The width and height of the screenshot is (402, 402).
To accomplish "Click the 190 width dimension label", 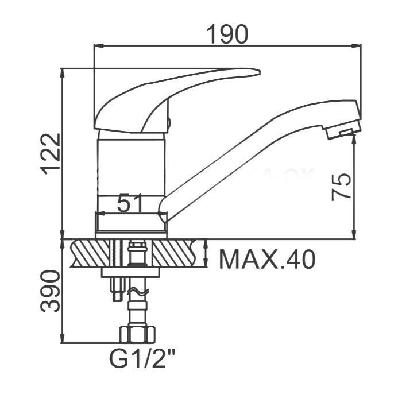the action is point(227,34).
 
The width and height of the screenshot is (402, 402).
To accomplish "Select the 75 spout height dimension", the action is point(341,187).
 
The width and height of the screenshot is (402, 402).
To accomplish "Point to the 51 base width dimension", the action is point(130,203).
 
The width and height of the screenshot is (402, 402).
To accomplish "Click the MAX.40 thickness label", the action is point(267,259).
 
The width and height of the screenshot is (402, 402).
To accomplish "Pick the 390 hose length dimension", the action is point(51,291).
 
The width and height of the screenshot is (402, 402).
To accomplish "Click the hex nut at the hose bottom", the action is point(138,334).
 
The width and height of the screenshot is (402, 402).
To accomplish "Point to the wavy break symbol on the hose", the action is point(138,292).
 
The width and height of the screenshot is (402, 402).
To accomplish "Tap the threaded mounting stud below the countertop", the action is point(117,289).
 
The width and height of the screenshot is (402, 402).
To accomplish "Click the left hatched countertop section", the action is point(90,253).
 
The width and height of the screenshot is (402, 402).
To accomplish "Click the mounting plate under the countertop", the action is point(131,272).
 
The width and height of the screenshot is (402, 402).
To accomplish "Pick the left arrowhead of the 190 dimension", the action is point(99,46).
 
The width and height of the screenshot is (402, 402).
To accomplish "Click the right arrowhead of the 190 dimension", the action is point(356,46).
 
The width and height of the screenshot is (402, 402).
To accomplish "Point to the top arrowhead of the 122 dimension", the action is point(62,74).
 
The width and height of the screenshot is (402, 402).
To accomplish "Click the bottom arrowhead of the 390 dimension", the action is point(62,338).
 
